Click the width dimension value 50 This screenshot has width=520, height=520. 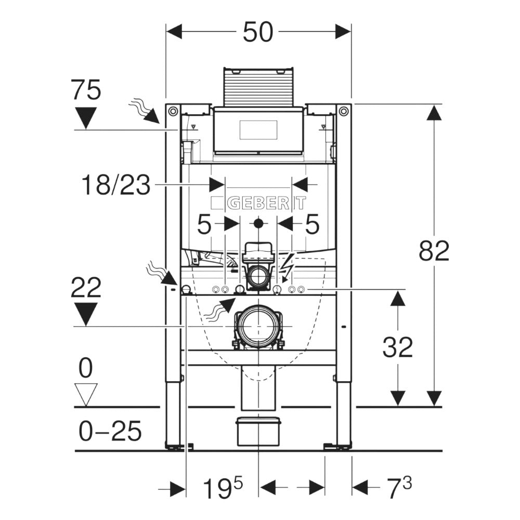point(258,32)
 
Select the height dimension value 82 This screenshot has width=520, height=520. point(434,252)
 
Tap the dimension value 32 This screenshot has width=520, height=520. point(398,347)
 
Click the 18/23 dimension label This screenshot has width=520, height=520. point(116,185)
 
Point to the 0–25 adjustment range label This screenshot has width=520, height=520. point(110,431)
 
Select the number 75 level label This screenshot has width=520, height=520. point(86,91)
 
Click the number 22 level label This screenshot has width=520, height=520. point(86,288)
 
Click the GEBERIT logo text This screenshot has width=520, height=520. point(258,203)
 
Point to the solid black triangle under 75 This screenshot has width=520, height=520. point(86,117)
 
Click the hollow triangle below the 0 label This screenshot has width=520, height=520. point(86,394)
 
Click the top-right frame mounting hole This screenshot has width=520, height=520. point(343,111)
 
